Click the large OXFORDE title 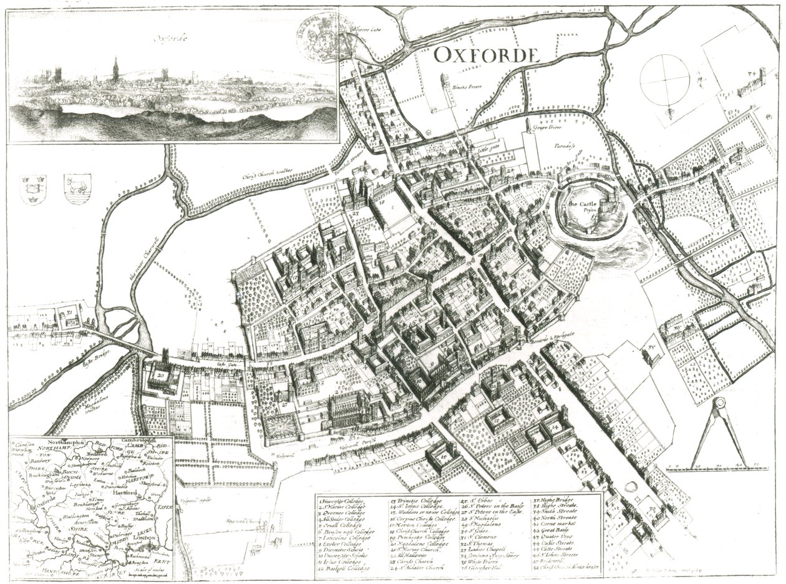(484, 55)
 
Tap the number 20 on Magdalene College (162, 376)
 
